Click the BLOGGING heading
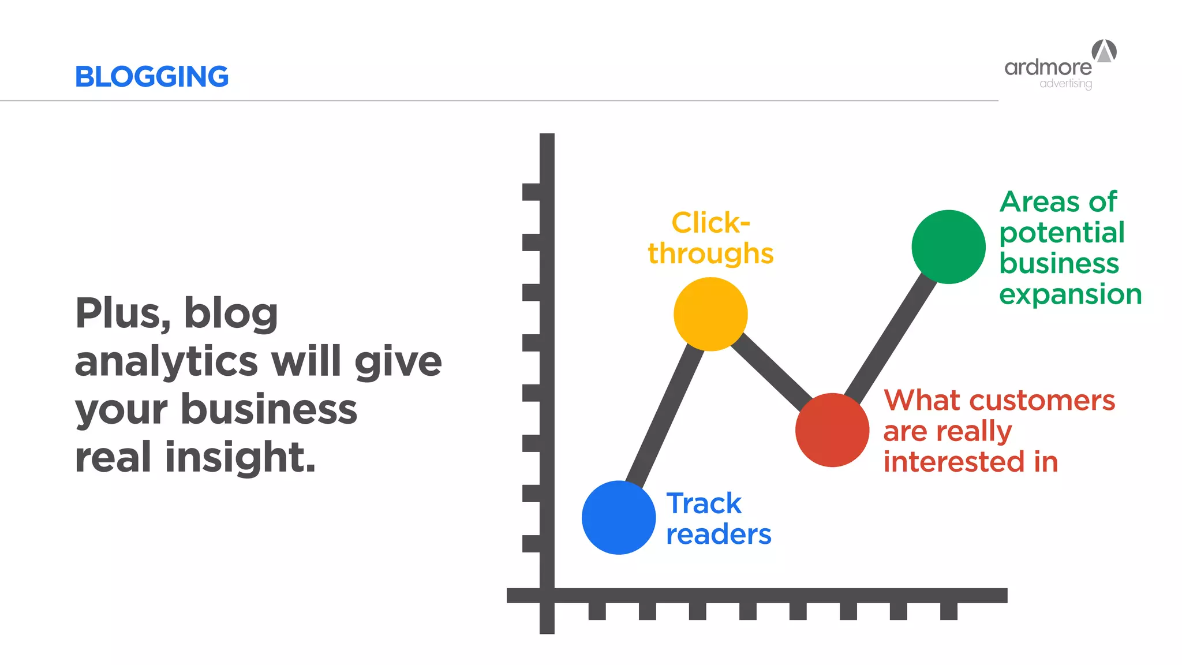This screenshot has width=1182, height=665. (152, 77)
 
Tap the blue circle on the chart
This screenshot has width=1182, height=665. (619, 517)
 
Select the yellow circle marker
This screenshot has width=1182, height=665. (710, 314)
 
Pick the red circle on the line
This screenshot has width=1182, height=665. (832, 430)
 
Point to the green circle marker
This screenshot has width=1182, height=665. (948, 247)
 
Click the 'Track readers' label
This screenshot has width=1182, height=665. (717, 518)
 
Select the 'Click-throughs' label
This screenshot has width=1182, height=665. (710, 238)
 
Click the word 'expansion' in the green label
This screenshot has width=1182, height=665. (1070, 294)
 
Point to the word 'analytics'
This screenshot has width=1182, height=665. (166, 362)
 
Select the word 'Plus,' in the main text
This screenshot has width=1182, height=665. (122, 314)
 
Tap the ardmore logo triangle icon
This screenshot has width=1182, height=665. (1104, 51)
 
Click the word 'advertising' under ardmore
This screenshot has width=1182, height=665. (1065, 84)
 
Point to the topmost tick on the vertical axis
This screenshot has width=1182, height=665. (532, 192)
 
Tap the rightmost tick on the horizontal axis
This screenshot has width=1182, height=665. (948, 611)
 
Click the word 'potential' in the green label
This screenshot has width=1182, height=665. (1062, 233)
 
